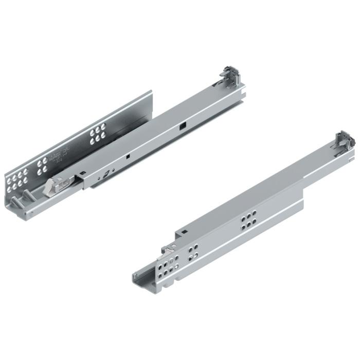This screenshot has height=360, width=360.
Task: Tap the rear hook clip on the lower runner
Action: click(344, 139)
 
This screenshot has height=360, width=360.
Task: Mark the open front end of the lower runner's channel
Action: click(140, 280)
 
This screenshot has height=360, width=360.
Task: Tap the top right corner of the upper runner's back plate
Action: click(151, 93)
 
